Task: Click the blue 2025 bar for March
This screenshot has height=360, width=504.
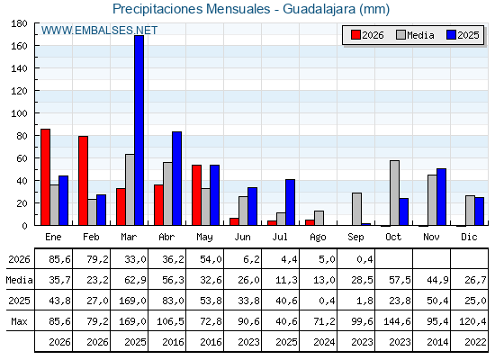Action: click(139, 130)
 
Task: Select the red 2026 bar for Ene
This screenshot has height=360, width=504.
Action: click(45, 177)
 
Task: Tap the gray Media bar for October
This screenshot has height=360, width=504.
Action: click(395, 193)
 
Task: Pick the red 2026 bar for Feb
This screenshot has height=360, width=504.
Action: click(83, 181)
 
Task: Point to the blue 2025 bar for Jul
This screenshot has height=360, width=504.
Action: click(290, 202)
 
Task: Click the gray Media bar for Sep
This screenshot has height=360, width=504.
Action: click(356, 209)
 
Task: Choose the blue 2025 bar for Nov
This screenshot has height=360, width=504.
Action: click(441, 197)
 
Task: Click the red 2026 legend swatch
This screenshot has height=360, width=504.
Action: click(355, 35)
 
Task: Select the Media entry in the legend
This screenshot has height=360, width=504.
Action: click(415, 35)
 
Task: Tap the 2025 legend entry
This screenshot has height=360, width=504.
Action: click(463, 35)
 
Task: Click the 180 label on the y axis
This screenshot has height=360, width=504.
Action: click(20, 23)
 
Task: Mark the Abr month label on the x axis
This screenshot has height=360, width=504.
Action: click(166, 237)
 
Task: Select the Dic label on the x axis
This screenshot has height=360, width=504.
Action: click(469, 237)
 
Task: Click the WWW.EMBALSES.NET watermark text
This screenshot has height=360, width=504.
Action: click(99, 31)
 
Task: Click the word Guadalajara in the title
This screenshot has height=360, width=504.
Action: click(319, 9)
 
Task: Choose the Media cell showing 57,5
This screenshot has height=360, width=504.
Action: click(400, 280)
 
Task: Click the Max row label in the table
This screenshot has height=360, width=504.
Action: click(19, 321)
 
